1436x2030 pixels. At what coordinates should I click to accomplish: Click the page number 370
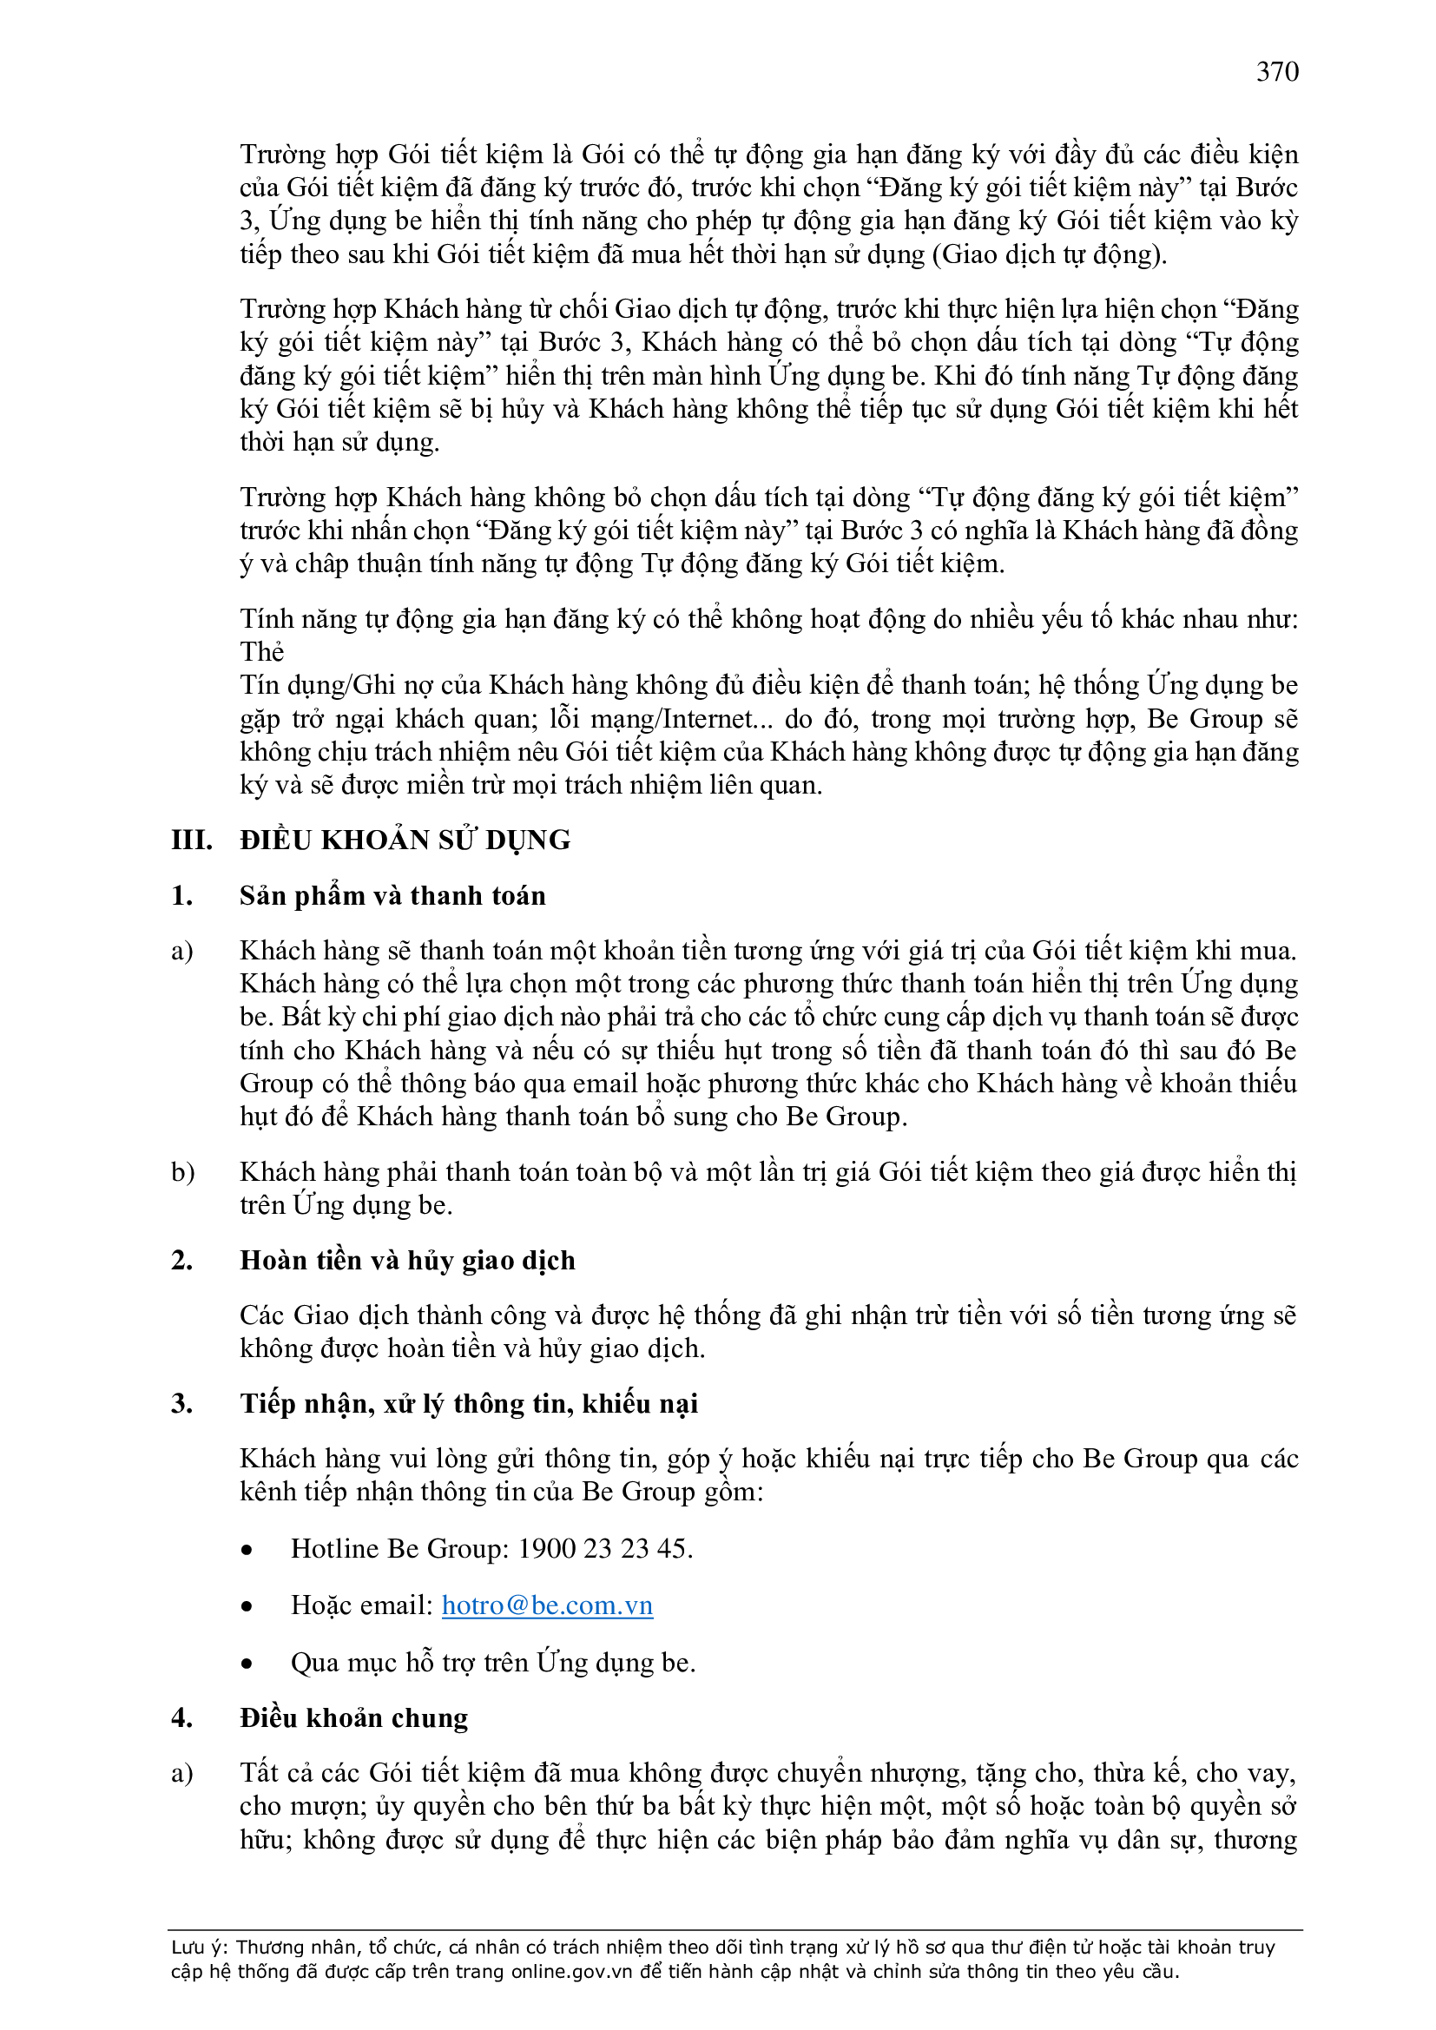1277,71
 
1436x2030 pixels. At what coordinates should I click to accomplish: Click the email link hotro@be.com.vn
546,1605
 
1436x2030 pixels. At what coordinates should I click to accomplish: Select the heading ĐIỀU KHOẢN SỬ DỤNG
405,840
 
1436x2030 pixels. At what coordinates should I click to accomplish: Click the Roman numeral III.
191,840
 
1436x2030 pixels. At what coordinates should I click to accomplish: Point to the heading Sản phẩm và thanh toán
392,896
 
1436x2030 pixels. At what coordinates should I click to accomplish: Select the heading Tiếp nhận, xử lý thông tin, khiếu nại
469,1403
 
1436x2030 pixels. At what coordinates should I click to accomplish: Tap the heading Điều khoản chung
353,1717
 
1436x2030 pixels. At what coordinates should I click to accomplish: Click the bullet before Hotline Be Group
247,1550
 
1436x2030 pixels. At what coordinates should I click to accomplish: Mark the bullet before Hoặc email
247,1606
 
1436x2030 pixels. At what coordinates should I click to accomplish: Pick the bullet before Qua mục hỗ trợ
247,1664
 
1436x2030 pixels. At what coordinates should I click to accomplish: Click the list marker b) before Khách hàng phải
183,1172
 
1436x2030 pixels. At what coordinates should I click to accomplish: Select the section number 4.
181,1717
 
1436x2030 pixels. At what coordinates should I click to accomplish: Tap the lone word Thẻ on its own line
261,651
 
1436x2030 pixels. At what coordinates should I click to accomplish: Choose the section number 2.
181,1260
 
